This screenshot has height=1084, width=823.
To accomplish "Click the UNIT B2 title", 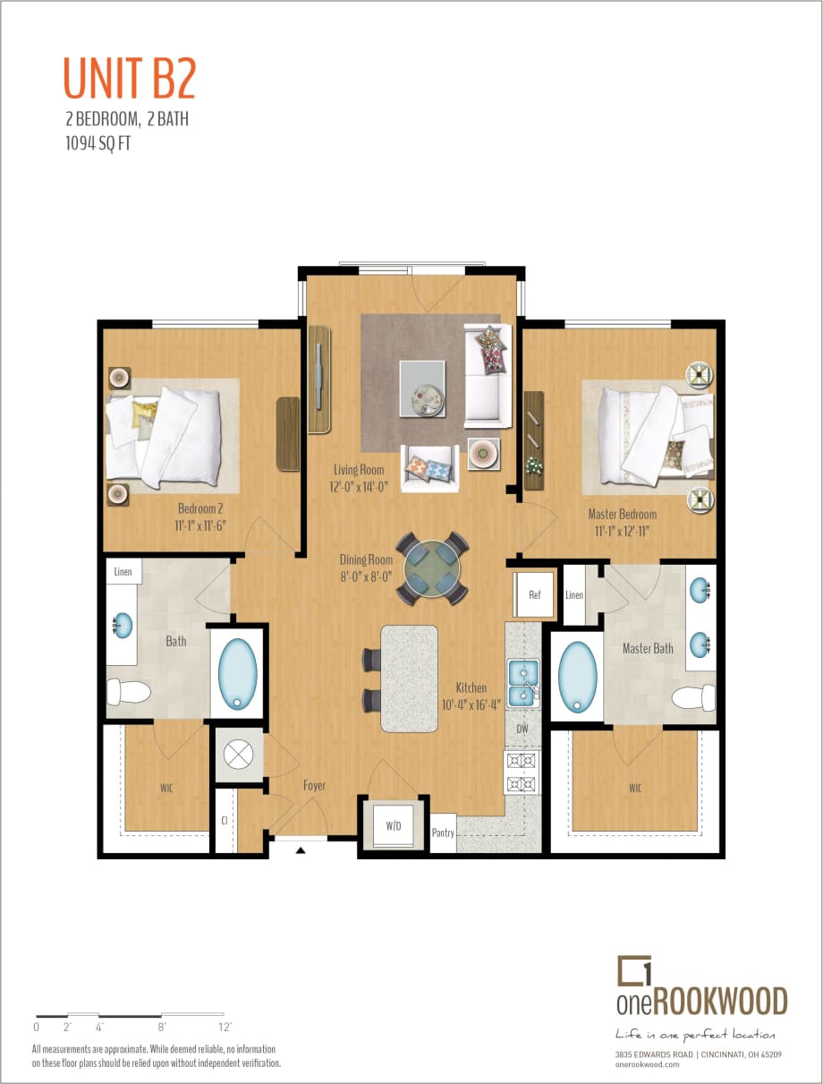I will pos(129,78).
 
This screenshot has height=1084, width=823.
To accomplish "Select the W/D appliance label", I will pos(394,826).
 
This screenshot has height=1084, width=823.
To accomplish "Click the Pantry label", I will pos(443,832).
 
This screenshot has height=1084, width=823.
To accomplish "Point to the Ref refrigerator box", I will pos(534,593).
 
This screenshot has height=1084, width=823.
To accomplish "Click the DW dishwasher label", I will pos(523,730).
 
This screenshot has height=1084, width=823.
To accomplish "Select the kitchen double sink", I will pos(522,683).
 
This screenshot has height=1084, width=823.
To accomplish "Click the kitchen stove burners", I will pos(522,772).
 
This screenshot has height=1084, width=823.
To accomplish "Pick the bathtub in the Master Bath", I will pos(577,675).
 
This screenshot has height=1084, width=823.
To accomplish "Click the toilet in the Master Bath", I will pos(695,697).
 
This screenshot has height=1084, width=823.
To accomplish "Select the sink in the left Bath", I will pos(123,624).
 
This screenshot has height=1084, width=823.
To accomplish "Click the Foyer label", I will pos(314,786).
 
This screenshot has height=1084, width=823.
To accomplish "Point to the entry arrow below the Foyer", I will pos(301,849).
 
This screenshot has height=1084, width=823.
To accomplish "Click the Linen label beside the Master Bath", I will pos(574,595).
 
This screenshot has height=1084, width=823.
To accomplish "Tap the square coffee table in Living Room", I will pos(422,388).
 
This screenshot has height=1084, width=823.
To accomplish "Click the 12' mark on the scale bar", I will pos(225,1027).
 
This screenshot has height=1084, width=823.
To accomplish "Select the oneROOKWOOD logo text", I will pos(701,1000).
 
